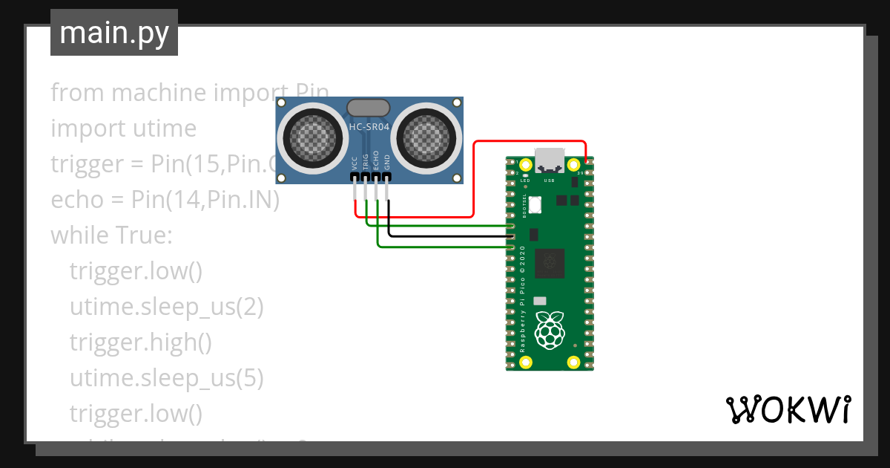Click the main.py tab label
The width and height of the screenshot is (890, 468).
(113, 33)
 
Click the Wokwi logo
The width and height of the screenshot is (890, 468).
(787, 409)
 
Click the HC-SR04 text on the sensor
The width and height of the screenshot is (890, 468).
(369, 127)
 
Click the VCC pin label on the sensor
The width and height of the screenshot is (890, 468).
(355, 163)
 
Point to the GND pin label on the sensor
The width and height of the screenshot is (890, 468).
(387, 163)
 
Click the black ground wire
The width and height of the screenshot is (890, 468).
(445, 237)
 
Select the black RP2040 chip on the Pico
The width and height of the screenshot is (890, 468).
(550, 261)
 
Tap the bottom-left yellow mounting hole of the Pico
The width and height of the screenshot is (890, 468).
(526, 363)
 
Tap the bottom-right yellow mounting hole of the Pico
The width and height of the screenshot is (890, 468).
(573, 363)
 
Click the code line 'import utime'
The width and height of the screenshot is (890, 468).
(123, 129)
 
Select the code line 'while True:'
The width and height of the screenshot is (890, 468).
(111, 235)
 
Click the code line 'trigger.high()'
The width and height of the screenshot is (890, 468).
(140, 342)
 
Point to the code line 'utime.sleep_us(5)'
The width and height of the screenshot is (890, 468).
(166, 378)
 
